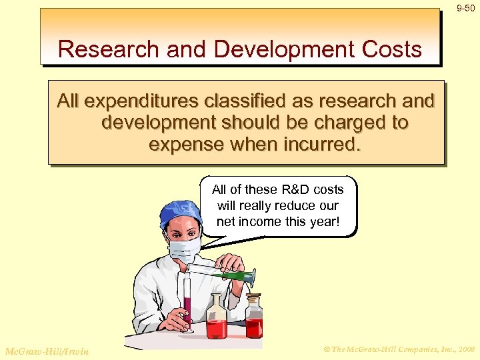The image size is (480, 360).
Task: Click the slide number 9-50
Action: [x=465, y=8]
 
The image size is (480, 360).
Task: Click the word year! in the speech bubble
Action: [x=323, y=221]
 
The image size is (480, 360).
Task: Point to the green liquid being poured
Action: [x=233, y=275]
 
